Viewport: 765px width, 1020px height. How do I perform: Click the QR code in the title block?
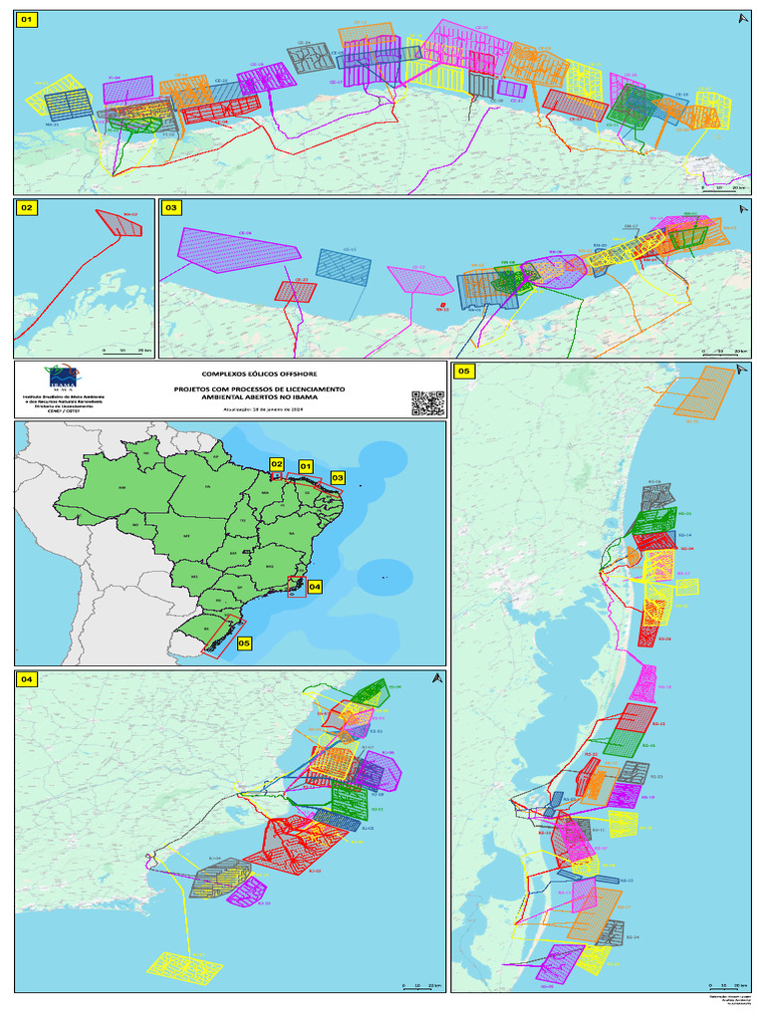pyautogui.click(x=426, y=401)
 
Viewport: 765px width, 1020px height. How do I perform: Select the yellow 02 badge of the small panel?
pyautogui.click(x=27, y=208)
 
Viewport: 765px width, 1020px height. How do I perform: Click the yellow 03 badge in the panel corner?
pyautogui.click(x=171, y=208)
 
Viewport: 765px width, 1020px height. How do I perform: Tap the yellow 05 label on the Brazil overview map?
pyautogui.click(x=244, y=642)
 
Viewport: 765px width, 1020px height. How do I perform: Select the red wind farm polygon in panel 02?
pyautogui.click(x=121, y=223)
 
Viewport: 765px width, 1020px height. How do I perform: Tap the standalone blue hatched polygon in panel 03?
pyautogui.click(x=344, y=266)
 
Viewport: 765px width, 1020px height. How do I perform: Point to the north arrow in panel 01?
pyautogui.click(x=741, y=18)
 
